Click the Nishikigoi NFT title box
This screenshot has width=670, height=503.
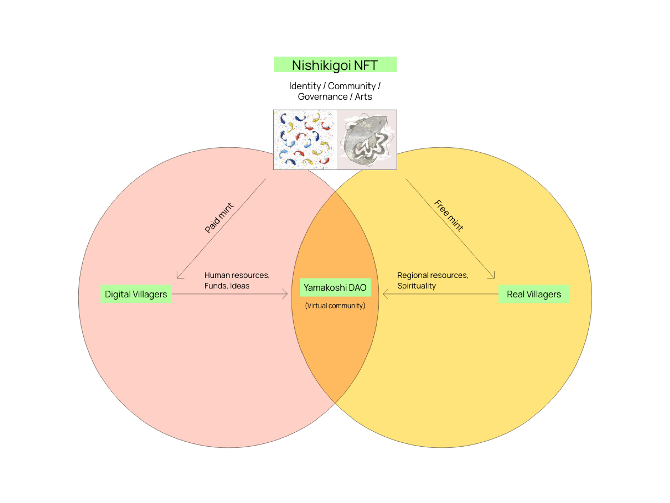(335, 65)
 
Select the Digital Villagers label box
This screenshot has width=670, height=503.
(136, 294)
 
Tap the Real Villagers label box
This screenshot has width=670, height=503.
(534, 294)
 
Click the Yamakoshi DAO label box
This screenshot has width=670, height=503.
(335, 287)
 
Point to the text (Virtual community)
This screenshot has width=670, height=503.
(335, 306)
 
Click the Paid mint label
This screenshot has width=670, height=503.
(219, 218)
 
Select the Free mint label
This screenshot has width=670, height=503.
(449, 215)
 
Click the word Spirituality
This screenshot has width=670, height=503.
(416, 286)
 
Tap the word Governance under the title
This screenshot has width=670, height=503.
(323, 97)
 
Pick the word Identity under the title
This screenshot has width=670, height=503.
(305, 86)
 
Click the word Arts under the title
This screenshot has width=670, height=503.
(363, 97)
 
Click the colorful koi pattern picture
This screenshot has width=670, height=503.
(305, 139)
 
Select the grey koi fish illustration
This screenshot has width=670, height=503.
(367, 139)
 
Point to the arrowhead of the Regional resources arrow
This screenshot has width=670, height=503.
(384, 294)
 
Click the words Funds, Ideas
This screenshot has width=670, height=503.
(227, 286)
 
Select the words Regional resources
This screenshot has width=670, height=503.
(432, 275)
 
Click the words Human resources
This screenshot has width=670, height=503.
(237, 275)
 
